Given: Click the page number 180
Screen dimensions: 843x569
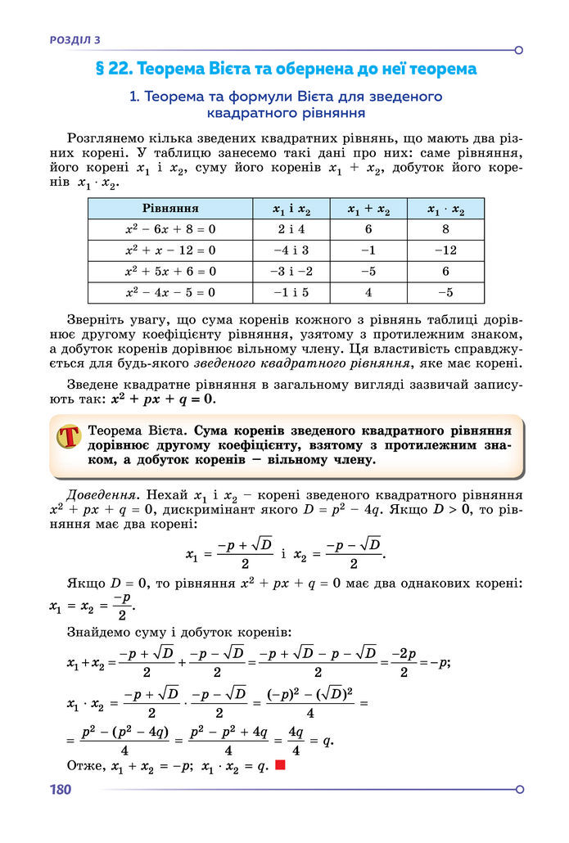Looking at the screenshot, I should pyautogui.click(x=61, y=790).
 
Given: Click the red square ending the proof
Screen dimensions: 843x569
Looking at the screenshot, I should pyautogui.click(x=280, y=765).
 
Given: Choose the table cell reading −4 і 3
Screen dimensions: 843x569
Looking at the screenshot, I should pyautogui.click(x=292, y=250).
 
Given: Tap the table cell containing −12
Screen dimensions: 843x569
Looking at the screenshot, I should pyautogui.click(x=445, y=250).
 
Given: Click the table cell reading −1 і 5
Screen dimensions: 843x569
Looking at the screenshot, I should pyautogui.click(x=292, y=291).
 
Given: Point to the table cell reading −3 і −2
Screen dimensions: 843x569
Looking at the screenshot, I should pyautogui.click(x=292, y=271).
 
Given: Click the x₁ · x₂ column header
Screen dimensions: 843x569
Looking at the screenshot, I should pyautogui.click(x=445, y=210).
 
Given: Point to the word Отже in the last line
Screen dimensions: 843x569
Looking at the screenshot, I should pyautogui.click(x=81, y=765).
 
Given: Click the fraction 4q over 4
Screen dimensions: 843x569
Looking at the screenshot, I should pyautogui.click(x=296, y=741).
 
